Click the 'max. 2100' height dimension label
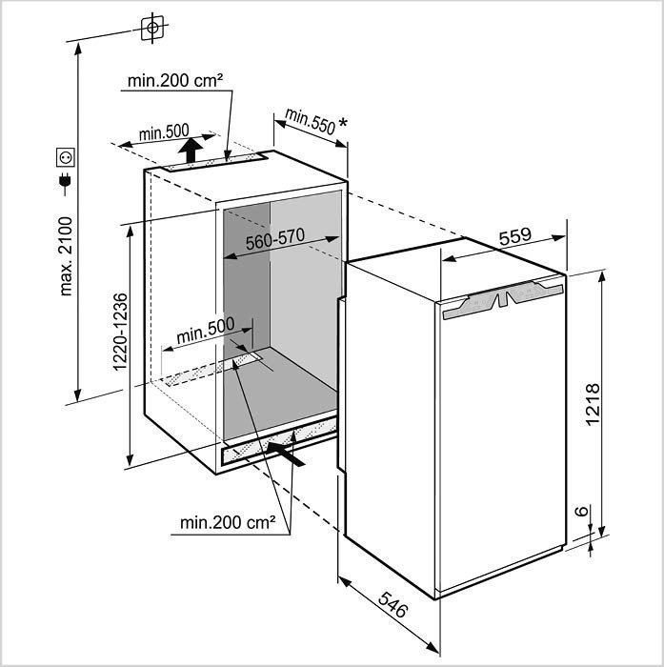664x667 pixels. click(67, 256)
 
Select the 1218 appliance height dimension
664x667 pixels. click(593, 404)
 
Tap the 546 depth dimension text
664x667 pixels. click(393, 604)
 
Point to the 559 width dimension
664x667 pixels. click(515, 236)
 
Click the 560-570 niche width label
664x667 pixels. click(275, 238)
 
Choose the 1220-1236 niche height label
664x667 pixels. click(120, 333)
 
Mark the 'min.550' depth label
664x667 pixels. click(311, 121)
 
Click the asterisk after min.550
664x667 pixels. click(342, 123)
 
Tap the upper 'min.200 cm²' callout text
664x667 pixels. click(175, 80)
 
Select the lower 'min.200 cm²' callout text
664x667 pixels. click(228, 522)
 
